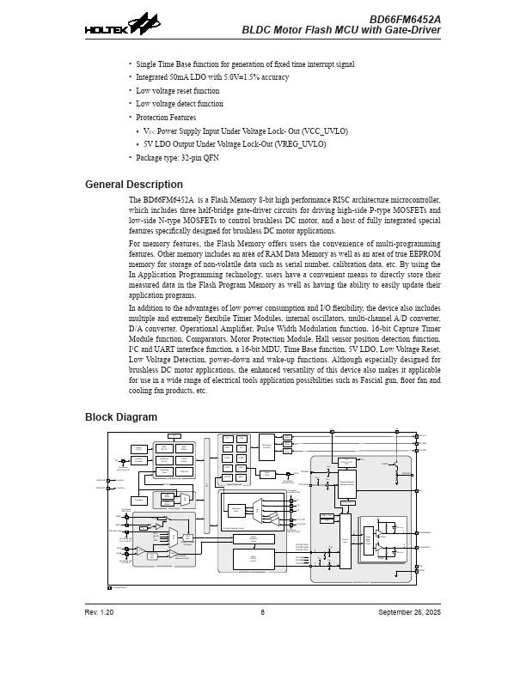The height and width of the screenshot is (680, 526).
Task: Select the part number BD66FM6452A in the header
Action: coord(405,19)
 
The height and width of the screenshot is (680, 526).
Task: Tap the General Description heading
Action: coord(133,185)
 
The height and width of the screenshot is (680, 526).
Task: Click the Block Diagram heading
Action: coord(120,417)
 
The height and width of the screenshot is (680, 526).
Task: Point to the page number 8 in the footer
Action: coord(263,612)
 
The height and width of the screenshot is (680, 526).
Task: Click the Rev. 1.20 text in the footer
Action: coord(99,612)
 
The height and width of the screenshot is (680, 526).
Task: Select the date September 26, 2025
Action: coord(409,612)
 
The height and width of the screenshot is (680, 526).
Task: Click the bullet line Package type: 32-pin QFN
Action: coord(177,158)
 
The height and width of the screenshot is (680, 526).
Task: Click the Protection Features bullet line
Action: coord(166,118)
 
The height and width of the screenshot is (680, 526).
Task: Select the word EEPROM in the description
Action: coord(425,255)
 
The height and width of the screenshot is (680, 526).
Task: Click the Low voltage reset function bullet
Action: coord(177,91)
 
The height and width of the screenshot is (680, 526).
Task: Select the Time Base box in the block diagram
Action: coord(139,500)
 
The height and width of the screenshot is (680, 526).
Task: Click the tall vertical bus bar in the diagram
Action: coord(206,485)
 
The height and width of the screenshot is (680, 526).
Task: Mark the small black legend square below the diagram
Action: coord(109,587)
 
